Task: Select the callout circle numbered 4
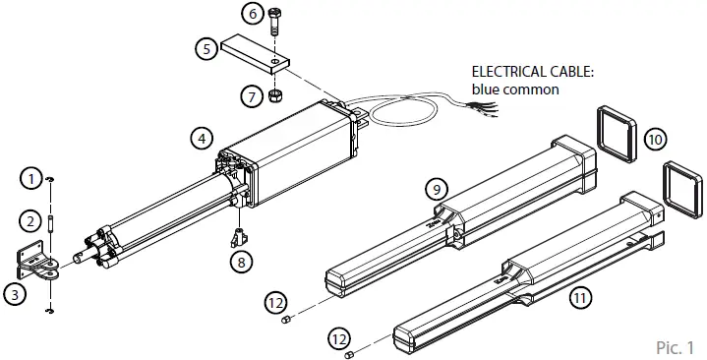click(x=202, y=139)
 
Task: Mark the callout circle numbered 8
click(x=240, y=262)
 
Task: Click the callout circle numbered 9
click(x=436, y=188)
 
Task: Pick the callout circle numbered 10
click(x=654, y=139)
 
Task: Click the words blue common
click(x=515, y=90)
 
